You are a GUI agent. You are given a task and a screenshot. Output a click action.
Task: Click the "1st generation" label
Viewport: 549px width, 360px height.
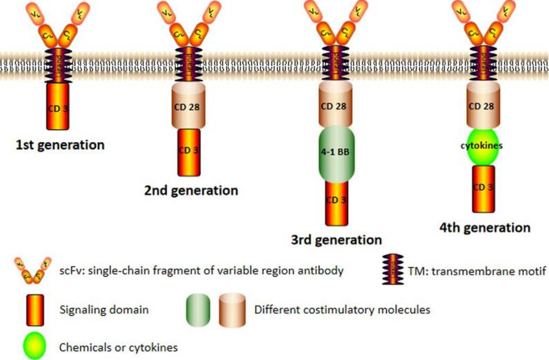[x=61, y=146]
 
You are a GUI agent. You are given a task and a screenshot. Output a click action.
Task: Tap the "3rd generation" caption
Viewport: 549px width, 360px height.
[x=337, y=240]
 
